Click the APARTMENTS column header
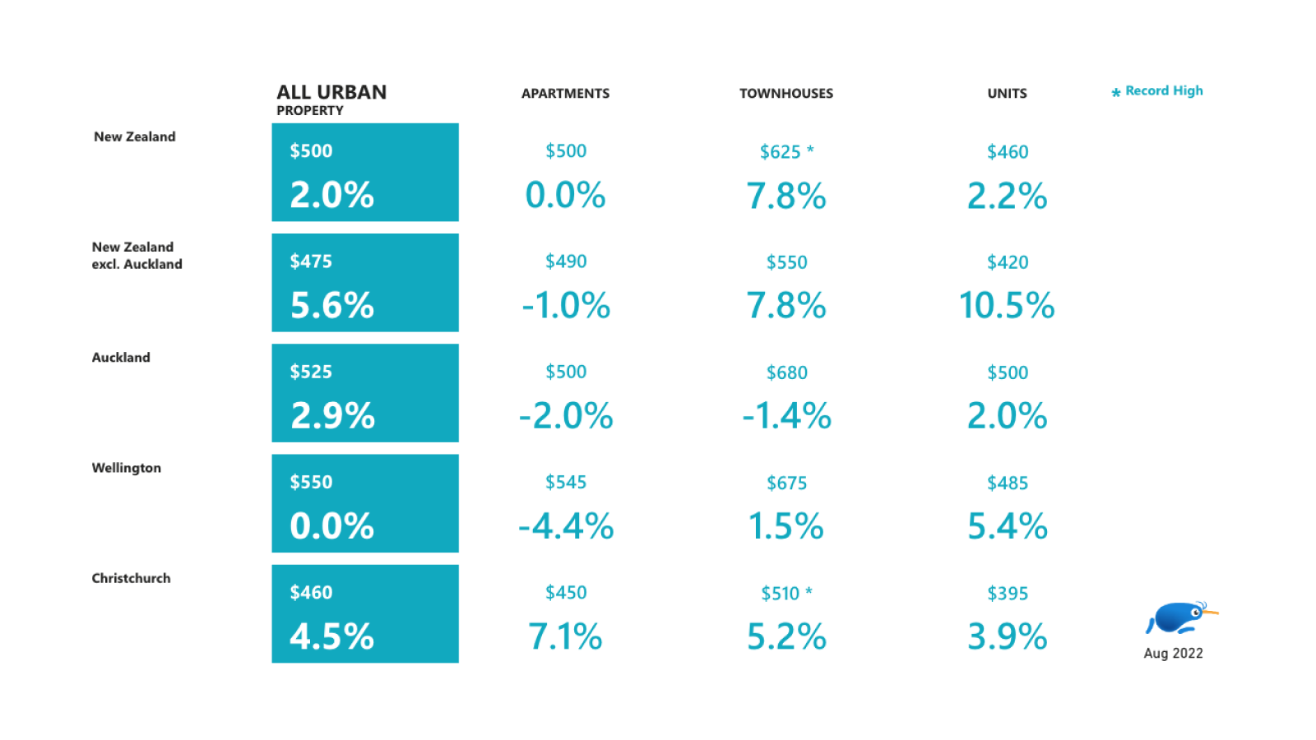click(x=565, y=94)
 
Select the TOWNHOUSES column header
click(x=785, y=94)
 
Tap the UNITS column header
click(x=1007, y=94)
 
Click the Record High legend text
click(x=1163, y=91)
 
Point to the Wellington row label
click(x=127, y=468)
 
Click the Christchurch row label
click(x=132, y=578)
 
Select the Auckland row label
click(x=121, y=358)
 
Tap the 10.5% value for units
click(x=1007, y=306)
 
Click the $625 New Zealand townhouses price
click(x=781, y=152)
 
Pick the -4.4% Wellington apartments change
click(x=566, y=526)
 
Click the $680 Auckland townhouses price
click(x=786, y=372)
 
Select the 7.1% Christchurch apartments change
click(x=565, y=636)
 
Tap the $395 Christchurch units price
click(x=1007, y=593)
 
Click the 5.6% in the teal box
click(x=332, y=306)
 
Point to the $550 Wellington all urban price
click(x=311, y=482)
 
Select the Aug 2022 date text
click(x=1173, y=654)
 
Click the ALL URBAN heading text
click(x=331, y=92)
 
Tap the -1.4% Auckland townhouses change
click(x=786, y=416)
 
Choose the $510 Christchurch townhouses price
click(x=781, y=593)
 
